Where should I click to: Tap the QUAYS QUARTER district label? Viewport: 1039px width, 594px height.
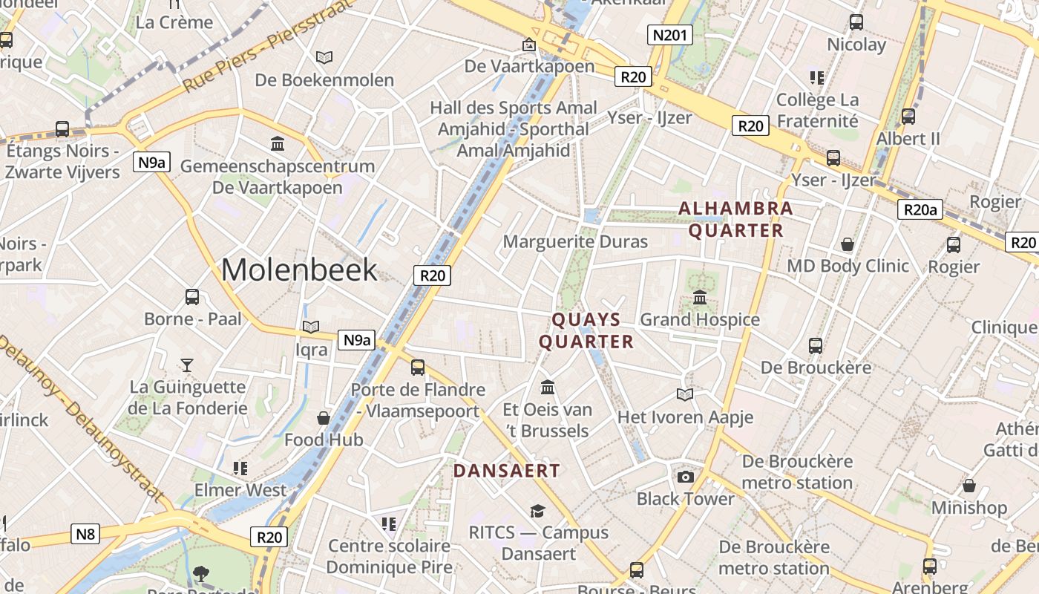coord(586,330)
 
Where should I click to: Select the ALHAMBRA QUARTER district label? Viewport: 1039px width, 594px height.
coord(735,219)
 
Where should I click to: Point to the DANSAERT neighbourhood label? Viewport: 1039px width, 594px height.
coord(506,471)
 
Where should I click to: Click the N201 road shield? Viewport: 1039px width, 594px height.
coord(670,35)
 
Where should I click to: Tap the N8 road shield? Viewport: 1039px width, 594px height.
coord(86,533)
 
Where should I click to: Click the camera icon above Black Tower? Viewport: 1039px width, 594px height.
coord(685,477)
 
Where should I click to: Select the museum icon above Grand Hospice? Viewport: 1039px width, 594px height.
coord(699,298)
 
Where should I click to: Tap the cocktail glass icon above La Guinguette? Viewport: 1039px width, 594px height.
coord(187,365)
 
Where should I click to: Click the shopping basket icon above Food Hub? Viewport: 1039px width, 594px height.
coord(324,418)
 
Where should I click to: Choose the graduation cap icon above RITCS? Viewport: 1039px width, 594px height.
coord(537,511)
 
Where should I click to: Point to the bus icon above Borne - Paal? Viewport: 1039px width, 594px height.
coord(192,297)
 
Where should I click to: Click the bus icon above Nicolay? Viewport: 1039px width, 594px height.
coord(856,22)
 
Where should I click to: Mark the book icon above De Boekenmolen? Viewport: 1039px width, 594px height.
coord(324,57)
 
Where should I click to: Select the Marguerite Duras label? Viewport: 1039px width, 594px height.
coord(575,242)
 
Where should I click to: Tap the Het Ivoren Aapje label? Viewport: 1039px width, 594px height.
coord(685,417)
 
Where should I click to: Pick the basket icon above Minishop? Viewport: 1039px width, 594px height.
coord(968,486)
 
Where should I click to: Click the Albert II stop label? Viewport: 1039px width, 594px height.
coord(908,139)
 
